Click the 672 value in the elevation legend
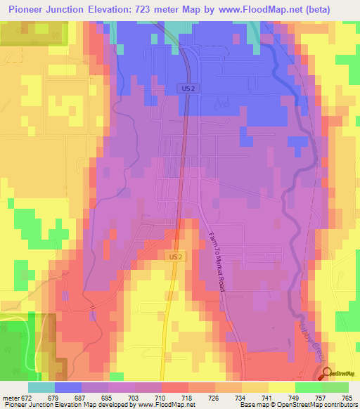tap(25, 397)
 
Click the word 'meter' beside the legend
tap(10, 397)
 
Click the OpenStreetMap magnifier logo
tap(327, 374)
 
